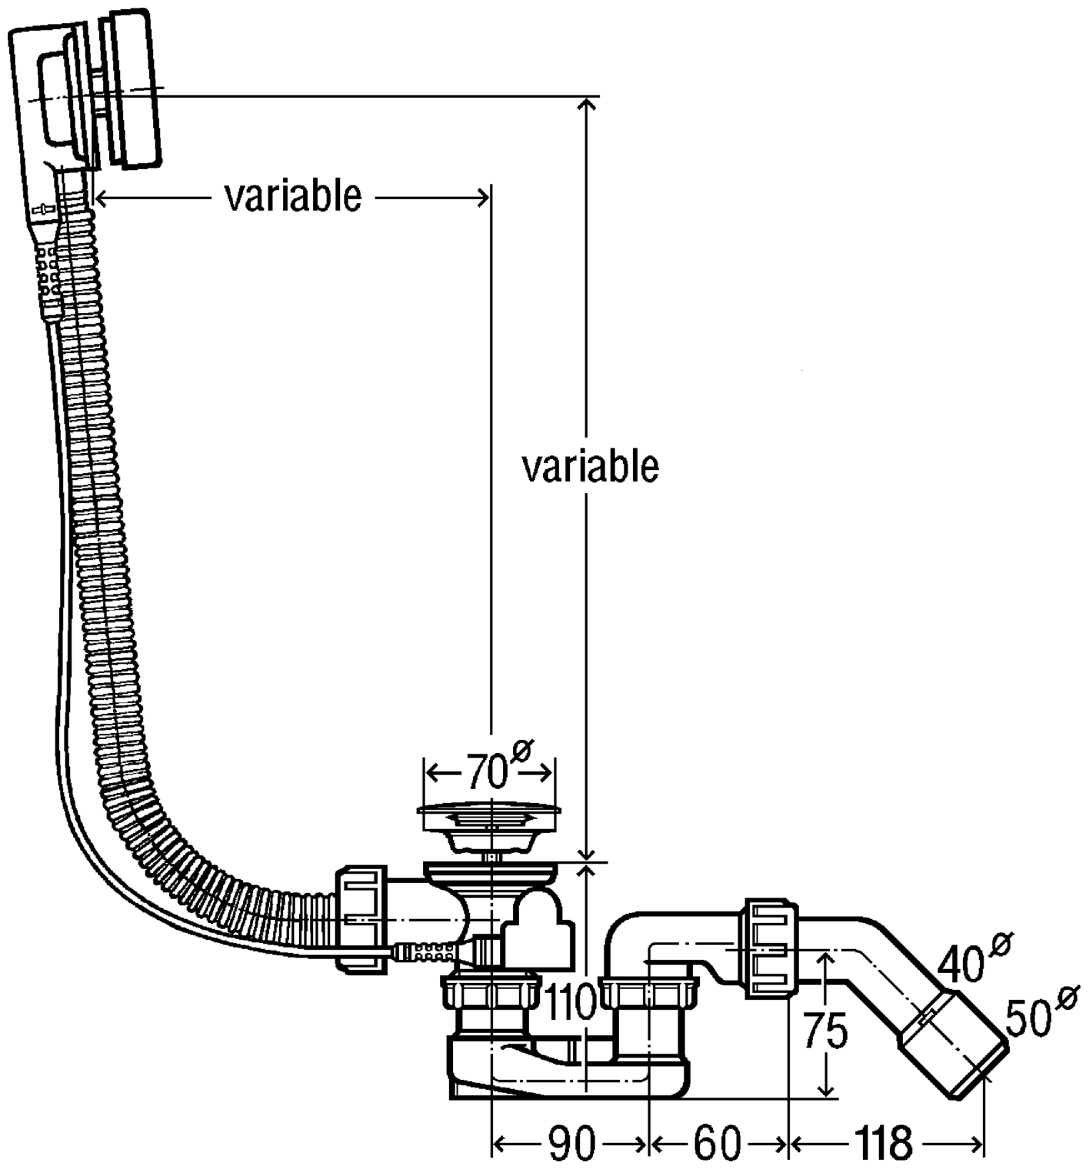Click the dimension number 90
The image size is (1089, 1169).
point(571,1144)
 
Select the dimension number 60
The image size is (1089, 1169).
point(716,1144)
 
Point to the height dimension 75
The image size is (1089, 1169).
point(825,1031)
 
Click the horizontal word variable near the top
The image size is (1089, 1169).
point(293,197)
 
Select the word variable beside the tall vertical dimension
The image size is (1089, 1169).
point(591,466)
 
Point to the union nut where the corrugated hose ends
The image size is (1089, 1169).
point(360,918)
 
